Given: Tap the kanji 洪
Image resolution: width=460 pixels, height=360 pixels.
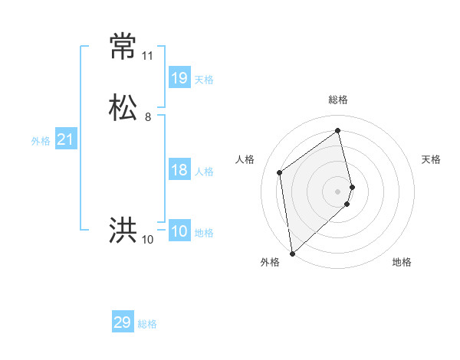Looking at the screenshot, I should [123, 230].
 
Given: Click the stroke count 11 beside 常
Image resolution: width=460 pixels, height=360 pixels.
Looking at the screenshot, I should [147, 56].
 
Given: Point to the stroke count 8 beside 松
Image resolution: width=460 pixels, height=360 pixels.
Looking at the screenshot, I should [148, 117].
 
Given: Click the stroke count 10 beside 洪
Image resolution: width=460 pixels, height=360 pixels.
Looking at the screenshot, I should [148, 240].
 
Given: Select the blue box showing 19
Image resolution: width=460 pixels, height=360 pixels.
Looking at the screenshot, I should [179, 77].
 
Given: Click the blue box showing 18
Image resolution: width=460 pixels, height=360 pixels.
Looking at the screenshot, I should [179, 170].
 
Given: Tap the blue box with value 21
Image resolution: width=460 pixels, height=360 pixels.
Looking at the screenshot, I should [65, 139].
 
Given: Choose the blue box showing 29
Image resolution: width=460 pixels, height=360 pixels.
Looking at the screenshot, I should [123, 322].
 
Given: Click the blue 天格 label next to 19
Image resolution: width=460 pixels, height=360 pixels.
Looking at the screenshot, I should [204, 80].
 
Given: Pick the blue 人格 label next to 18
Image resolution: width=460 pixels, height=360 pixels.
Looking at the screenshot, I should [204, 172].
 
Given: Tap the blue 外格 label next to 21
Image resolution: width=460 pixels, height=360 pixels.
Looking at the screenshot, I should [41, 141].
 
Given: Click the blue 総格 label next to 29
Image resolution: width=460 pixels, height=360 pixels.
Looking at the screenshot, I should [147, 324].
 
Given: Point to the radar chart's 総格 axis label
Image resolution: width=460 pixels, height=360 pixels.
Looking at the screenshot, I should [338, 100].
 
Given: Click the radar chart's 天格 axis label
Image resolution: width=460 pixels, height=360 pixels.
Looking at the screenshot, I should [431, 159].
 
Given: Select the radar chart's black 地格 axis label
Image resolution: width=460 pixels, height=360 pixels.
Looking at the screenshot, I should [402, 262].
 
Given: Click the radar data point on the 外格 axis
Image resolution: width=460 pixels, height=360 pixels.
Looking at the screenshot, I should [292, 253].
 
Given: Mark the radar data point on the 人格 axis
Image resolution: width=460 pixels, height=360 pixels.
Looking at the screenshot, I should [280, 172].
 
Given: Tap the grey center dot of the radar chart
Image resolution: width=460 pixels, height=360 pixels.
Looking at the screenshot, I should [338, 191].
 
